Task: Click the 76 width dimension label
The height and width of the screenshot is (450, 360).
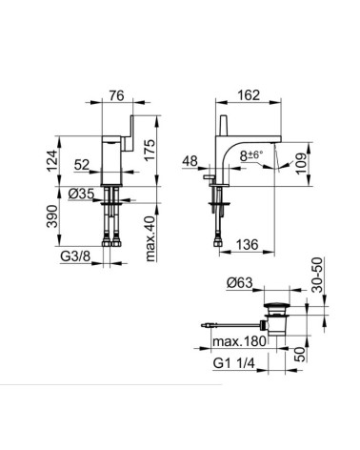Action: point(117,95)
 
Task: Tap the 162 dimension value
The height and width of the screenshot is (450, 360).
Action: point(249,95)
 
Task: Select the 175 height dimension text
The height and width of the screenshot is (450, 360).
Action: point(150,150)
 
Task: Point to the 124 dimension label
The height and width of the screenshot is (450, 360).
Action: point(52,160)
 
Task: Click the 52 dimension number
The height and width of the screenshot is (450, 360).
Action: point(82,165)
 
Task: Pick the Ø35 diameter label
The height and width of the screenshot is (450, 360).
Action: point(81,194)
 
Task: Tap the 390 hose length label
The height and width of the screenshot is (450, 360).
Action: point(52,216)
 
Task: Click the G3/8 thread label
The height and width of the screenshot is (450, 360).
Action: point(75,256)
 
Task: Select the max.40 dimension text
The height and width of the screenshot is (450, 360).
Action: point(150,238)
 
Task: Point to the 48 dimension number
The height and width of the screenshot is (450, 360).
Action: point(190,161)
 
